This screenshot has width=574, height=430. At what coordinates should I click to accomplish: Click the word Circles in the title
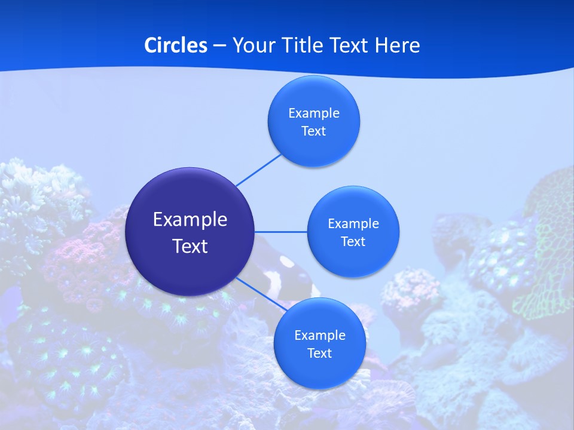pyautogui.click(x=176, y=45)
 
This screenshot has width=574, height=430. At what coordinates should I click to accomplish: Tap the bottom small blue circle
pyautogui.click(x=319, y=370)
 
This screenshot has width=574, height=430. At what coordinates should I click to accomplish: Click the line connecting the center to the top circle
pyautogui.click(x=258, y=170)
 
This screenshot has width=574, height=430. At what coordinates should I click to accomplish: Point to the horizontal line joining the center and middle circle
pyautogui.click(x=280, y=232)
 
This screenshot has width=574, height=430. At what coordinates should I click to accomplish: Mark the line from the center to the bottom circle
pyautogui.click(x=261, y=294)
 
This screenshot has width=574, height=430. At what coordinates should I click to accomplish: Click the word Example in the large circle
pyautogui.click(x=190, y=220)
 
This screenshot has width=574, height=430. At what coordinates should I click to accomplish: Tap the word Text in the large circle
pyautogui.click(x=190, y=246)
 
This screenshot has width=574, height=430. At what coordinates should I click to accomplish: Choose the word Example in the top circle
pyautogui.click(x=313, y=113)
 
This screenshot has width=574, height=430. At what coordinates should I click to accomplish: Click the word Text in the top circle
pyautogui.click(x=313, y=131)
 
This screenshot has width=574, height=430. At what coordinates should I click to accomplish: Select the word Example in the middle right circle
pyautogui.click(x=353, y=224)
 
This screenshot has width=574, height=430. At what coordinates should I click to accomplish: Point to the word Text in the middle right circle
pyautogui.click(x=353, y=242)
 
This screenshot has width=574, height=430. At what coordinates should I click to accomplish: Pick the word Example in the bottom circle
pyautogui.click(x=319, y=336)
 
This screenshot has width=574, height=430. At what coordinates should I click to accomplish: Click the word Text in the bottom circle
pyautogui.click(x=319, y=354)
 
